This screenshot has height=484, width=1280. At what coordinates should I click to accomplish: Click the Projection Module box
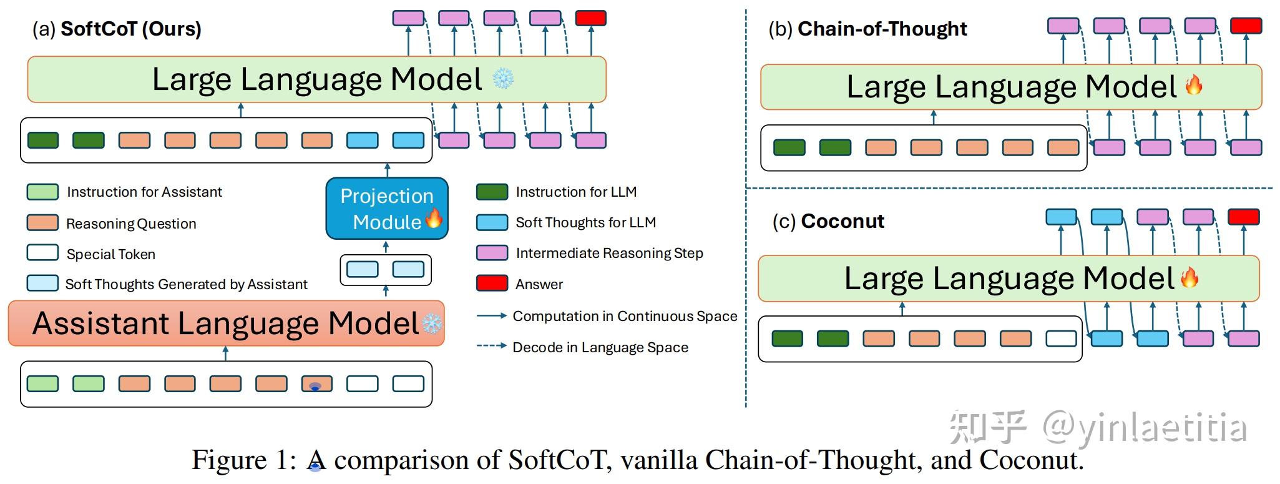387,209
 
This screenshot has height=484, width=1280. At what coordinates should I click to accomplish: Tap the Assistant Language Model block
226,323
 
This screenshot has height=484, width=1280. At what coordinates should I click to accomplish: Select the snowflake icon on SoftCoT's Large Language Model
503,79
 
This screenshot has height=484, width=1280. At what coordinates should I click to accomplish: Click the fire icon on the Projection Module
434,218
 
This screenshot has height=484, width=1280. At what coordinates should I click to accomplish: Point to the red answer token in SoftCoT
590,18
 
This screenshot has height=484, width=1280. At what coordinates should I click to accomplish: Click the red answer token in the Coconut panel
1243,217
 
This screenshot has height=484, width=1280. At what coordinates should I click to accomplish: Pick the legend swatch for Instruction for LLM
492,192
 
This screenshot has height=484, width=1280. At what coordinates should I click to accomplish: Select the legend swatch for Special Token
42,253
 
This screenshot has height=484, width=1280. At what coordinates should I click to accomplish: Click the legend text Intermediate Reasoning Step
609,253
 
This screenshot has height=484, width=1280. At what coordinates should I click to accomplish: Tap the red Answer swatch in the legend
492,284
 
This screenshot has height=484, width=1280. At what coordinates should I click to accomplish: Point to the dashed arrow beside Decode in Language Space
491,345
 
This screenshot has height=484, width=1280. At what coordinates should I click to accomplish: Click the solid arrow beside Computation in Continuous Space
491,316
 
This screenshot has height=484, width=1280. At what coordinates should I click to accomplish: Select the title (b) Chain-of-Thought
867,29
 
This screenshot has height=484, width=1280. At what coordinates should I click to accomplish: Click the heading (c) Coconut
828,221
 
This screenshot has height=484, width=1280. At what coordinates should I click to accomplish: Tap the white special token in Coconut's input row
1061,338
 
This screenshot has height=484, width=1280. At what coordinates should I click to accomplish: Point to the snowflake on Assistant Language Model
432,323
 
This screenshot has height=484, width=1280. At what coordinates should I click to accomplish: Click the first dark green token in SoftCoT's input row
43,140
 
